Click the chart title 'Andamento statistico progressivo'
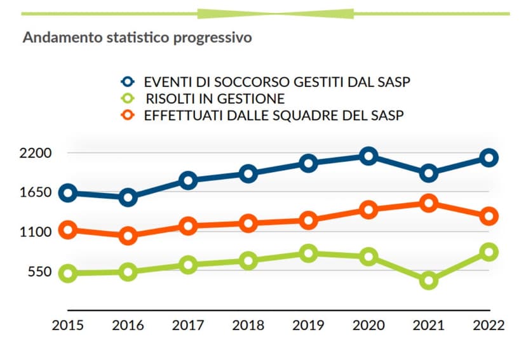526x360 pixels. tap(137, 38)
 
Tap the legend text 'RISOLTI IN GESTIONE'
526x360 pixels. tap(215, 98)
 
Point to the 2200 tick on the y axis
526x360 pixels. tap(36, 153)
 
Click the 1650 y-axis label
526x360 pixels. tap(36, 192)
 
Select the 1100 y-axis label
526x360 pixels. tap(36, 232)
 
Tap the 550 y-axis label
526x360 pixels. tap(39, 272)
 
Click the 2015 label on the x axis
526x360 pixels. tap(67, 326)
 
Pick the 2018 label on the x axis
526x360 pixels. tap(248, 326)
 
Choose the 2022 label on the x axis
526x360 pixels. tap(489, 326)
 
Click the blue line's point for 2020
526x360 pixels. tap(368, 156)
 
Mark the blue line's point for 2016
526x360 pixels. tap(128, 197)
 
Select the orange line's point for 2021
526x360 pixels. tap(428, 203)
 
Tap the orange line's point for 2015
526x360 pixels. tap(67, 230)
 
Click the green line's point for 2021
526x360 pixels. tap(428, 280)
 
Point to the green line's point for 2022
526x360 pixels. tap(489, 252)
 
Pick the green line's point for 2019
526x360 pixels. tap(309, 253)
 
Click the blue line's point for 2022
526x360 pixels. tap(489, 158)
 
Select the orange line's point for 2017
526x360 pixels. tap(188, 225)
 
